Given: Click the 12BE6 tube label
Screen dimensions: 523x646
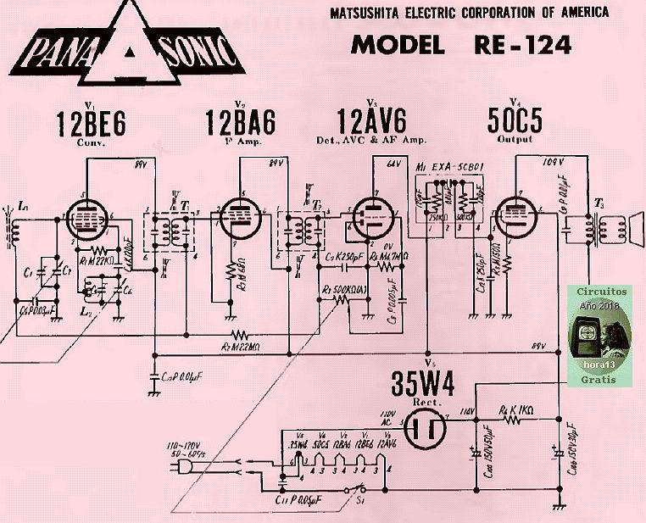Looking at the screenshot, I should [x=91, y=124].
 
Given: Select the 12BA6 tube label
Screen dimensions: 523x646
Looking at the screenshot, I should [x=240, y=124].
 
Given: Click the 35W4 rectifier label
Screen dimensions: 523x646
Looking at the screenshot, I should [x=422, y=385].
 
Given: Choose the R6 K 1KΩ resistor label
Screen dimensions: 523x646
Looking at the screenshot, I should [x=515, y=409].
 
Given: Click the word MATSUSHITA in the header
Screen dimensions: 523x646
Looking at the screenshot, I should [x=372, y=12].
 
